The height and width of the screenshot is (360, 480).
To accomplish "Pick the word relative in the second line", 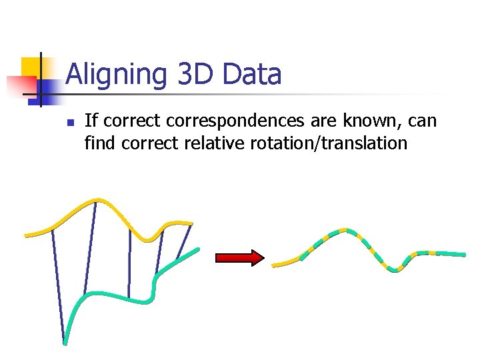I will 217,143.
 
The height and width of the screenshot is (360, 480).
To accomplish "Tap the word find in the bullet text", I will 100,143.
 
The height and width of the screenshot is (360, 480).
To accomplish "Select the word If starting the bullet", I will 91,121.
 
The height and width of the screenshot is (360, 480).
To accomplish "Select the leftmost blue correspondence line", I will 59,287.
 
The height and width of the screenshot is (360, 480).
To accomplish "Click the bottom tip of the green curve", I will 65,343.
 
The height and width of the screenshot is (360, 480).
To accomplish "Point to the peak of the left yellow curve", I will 98,199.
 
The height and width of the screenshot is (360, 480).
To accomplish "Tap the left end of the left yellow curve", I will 27,235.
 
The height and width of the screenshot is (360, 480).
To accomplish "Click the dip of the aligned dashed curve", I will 395,269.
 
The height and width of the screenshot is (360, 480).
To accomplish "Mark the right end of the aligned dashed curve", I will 463,254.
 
